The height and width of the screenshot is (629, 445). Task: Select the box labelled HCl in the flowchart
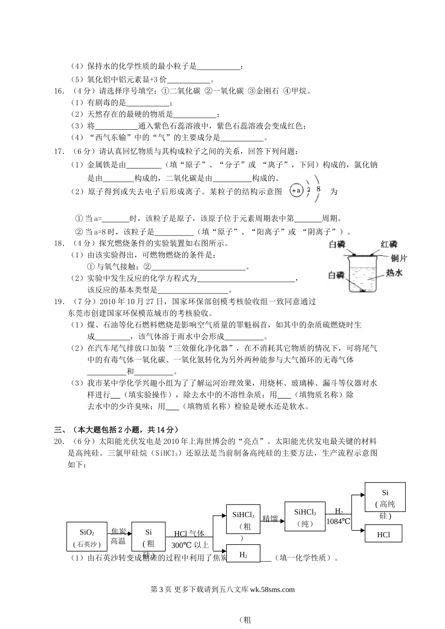383,534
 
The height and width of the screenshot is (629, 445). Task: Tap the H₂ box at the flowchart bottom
243,555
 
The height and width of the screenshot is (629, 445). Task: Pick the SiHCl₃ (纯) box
305,517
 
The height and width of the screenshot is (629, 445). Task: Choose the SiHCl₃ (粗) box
243,519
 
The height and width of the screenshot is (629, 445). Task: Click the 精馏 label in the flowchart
270,518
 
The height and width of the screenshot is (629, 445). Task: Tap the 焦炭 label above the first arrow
118,531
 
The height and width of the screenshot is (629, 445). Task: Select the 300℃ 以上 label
190,545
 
